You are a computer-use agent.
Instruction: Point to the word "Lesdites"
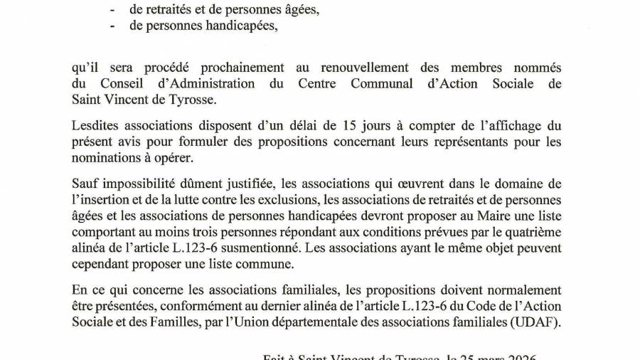point(97,125)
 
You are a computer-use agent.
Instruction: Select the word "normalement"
point(523,290)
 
